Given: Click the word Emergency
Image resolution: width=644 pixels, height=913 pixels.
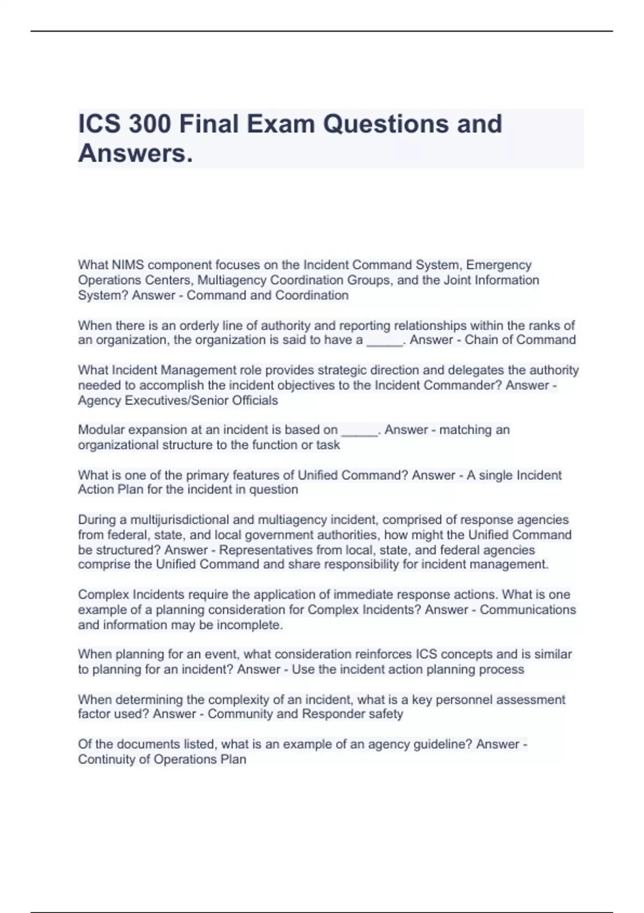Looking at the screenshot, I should [499, 265].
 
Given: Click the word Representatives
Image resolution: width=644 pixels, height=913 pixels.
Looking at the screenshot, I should [266, 550].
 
